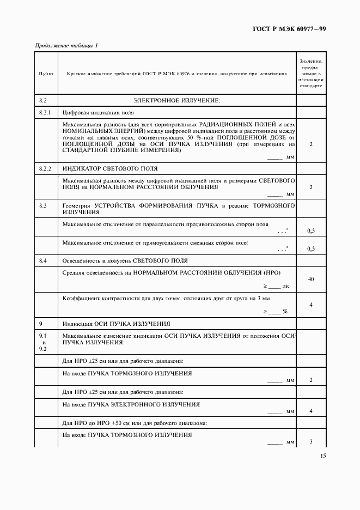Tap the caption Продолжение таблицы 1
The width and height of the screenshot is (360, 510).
click(x=66, y=45)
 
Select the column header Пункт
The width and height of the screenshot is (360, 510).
click(x=46, y=73)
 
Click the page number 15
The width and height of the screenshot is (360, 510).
click(x=324, y=457)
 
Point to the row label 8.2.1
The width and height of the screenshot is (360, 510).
click(x=46, y=113)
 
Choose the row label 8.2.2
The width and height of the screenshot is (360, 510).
click(x=46, y=168)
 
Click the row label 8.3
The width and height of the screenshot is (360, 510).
click(x=43, y=205)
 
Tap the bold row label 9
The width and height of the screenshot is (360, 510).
click(x=41, y=323)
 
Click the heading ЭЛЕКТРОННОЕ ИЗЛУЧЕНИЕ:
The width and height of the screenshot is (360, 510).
click(x=176, y=101)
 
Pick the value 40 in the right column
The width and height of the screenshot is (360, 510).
click(x=311, y=279)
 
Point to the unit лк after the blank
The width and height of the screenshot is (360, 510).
click(x=286, y=286)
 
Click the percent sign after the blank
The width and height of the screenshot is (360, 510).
click(x=285, y=311)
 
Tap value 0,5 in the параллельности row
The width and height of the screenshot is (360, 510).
click(x=311, y=231)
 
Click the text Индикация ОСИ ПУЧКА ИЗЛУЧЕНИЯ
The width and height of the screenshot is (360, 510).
click(x=117, y=323)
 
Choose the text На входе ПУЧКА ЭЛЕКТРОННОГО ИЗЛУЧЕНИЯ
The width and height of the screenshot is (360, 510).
click(x=131, y=404)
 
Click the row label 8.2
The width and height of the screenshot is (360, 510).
click(x=44, y=101)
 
